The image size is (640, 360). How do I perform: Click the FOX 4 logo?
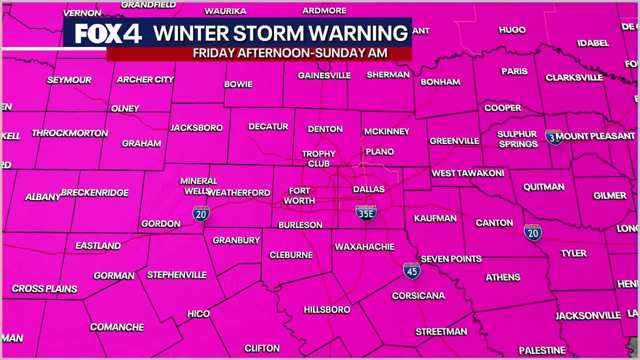[x=108, y=34]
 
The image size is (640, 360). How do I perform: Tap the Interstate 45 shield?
[x=412, y=271]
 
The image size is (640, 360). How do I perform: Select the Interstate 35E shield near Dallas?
[x=366, y=214]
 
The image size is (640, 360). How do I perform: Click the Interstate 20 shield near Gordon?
[x=201, y=214]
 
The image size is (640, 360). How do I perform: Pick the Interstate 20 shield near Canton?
[x=532, y=232]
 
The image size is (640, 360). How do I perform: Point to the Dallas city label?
[x=369, y=189]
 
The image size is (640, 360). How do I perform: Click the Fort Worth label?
[x=299, y=196]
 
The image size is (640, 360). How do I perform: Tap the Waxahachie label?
[x=364, y=247]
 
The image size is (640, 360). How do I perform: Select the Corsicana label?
[x=418, y=296]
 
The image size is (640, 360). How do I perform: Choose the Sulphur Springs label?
[x=517, y=139]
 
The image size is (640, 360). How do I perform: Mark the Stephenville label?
[x=177, y=275]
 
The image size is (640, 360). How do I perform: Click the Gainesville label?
[x=324, y=76]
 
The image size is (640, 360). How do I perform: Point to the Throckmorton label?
[x=70, y=133]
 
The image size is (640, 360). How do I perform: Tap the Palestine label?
[x=542, y=350]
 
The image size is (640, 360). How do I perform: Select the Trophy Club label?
[x=318, y=158]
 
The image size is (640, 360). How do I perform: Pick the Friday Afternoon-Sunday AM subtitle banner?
[x=290, y=53]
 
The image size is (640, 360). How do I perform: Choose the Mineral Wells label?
[x=198, y=186]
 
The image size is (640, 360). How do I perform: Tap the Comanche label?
[x=117, y=327]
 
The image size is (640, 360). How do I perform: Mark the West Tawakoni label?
[x=468, y=174]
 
